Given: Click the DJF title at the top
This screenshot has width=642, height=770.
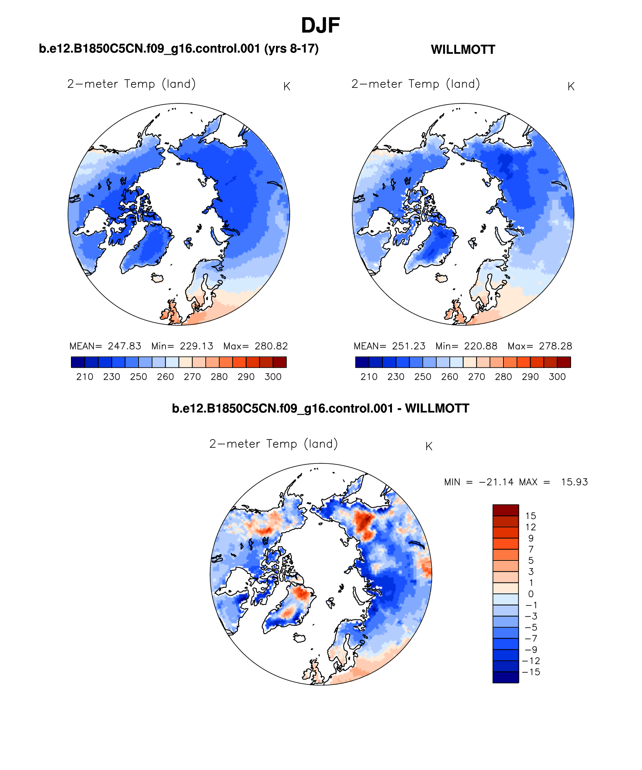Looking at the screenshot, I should [x=320, y=26].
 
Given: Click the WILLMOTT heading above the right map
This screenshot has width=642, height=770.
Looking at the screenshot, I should [x=463, y=50].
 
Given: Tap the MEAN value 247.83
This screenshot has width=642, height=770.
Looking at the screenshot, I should [x=124, y=346].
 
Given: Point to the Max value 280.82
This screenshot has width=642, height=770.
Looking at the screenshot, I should [x=271, y=346].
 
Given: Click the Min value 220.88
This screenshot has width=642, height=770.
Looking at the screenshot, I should [x=481, y=346].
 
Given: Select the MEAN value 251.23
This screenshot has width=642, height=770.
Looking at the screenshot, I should [x=408, y=346].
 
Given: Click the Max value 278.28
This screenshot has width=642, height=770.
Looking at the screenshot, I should [x=555, y=346].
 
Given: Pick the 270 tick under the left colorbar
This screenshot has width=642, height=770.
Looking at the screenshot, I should [x=192, y=377].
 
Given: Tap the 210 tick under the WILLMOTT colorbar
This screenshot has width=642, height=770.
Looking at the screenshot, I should [x=369, y=377].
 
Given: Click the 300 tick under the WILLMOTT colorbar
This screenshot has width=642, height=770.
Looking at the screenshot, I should [x=557, y=377].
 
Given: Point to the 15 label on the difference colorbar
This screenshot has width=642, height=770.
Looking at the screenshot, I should [x=530, y=516].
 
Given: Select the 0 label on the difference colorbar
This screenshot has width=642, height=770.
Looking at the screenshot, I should [x=530, y=594].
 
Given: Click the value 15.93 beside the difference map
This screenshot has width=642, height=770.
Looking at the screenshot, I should [x=574, y=482].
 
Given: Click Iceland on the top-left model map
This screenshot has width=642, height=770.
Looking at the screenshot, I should [x=157, y=278].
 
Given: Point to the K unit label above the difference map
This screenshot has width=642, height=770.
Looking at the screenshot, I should [x=429, y=446].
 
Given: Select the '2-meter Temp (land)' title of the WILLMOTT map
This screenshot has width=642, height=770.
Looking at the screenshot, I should [x=416, y=84].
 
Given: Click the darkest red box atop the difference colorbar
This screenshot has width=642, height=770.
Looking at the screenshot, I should [x=505, y=510].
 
